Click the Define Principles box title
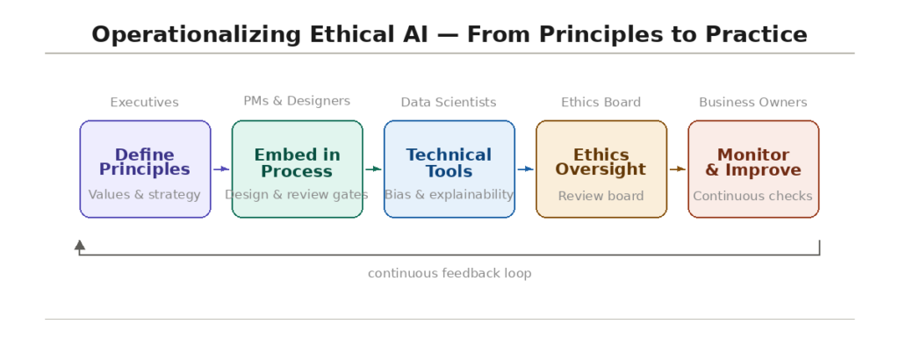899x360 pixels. point(145,162)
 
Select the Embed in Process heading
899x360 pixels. point(297,162)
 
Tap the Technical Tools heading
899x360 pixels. point(449,162)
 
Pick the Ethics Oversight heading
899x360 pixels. point(601,162)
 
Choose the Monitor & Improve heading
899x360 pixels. point(753,162)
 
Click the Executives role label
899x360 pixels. point(145,103)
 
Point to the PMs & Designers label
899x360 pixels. point(297,102)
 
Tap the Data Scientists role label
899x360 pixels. point(449,103)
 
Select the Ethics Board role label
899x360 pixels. point(601,103)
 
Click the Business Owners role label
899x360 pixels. point(753,103)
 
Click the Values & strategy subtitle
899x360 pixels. point(145,195)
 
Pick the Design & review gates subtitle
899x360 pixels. point(297,195)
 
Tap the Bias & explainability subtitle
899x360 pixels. point(449,195)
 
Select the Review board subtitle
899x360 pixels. point(601,196)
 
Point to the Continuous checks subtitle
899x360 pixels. point(752,196)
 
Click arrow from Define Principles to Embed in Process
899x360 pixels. point(221,169)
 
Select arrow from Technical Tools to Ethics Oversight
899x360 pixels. point(525,169)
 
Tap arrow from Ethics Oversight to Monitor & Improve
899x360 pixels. point(678,169)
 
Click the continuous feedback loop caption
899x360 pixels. point(449,273)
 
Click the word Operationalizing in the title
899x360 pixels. point(196,35)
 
